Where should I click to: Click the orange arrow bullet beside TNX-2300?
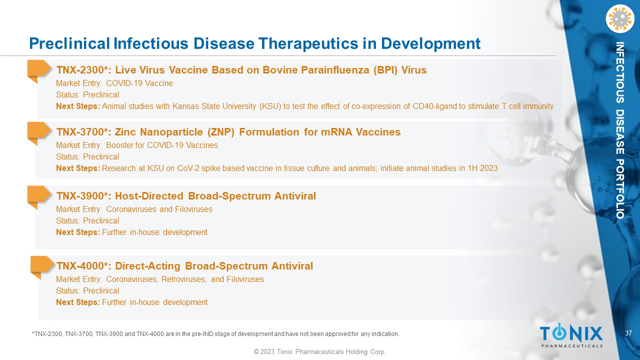click(38, 70)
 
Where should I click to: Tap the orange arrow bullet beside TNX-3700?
click(38, 132)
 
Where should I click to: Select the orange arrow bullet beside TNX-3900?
click(38, 196)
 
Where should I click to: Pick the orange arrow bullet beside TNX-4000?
click(42, 266)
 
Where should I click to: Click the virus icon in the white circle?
click(620, 19)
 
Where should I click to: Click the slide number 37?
click(628, 333)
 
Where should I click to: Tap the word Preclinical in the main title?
click(69, 43)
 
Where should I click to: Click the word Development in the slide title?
click(430, 44)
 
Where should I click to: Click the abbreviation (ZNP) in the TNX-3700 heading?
click(221, 132)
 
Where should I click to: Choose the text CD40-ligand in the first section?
click(434, 106)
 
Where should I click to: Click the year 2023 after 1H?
click(489, 168)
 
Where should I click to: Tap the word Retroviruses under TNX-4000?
click(183, 279)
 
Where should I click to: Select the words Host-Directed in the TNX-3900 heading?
click(149, 196)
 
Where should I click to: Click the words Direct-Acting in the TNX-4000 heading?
click(147, 266)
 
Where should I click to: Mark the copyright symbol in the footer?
click(256, 351)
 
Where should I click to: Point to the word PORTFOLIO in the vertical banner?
click(619, 189)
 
